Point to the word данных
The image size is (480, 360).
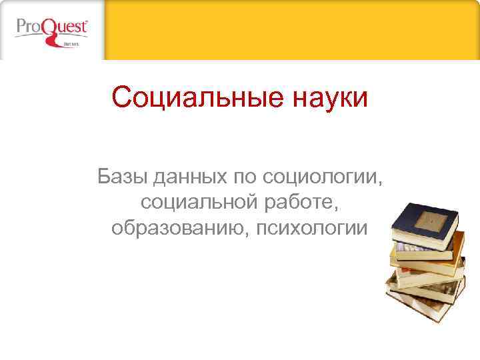click(189, 178)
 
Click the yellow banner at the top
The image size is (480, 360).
click(293, 29)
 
